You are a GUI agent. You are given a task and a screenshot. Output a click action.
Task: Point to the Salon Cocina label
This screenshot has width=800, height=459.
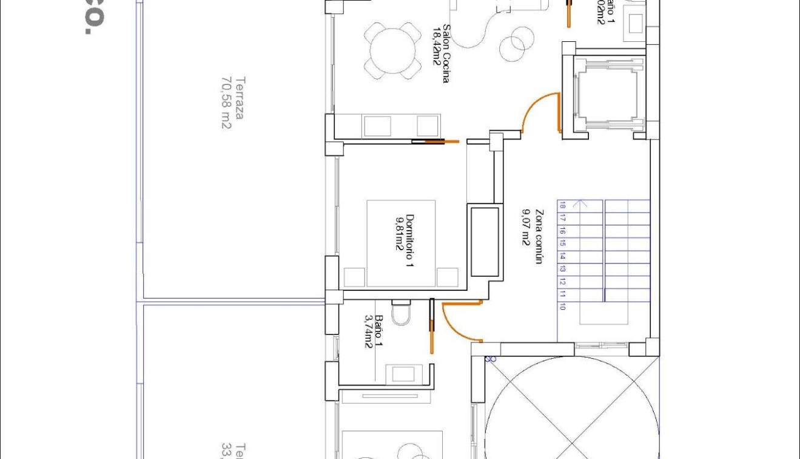(440, 53)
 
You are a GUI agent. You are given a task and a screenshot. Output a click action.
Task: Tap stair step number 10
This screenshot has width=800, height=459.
(563, 307)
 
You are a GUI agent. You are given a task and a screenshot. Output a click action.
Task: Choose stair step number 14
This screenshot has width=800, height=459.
(563, 256)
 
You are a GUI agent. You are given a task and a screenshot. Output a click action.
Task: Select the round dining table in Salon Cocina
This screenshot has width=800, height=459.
(392, 49)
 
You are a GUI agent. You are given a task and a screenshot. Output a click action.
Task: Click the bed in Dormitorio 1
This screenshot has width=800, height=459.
(400, 243)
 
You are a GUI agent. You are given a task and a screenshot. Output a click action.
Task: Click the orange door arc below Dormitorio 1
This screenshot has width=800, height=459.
(460, 321)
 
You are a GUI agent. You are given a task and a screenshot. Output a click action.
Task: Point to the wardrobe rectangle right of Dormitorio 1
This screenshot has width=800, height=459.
(484, 241)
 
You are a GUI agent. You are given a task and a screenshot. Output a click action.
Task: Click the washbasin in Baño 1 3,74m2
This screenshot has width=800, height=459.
(401, 373)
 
